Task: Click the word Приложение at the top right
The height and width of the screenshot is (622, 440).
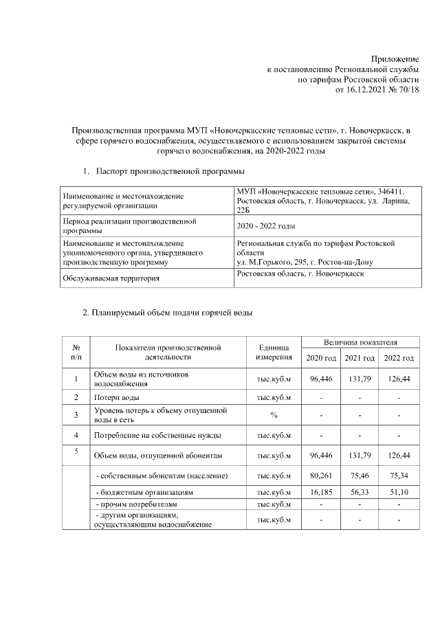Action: pos(395,60)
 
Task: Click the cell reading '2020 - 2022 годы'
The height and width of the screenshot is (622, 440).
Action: pos(265,225)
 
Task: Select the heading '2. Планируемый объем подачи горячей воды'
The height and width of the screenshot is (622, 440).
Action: pos(168,313)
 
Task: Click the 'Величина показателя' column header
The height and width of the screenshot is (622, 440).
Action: pos(360,342)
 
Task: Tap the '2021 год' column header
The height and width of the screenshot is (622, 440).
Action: pos(360,358)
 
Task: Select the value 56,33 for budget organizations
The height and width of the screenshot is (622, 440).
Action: pos(360,493)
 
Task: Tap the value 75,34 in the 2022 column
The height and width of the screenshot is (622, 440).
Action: pos(399,476)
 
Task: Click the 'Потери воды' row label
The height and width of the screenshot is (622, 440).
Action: pos(118,397)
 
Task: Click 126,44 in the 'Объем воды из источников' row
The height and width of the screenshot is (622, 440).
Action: pos(399,379)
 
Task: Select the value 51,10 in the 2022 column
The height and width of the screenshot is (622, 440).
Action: pos(399,493)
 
